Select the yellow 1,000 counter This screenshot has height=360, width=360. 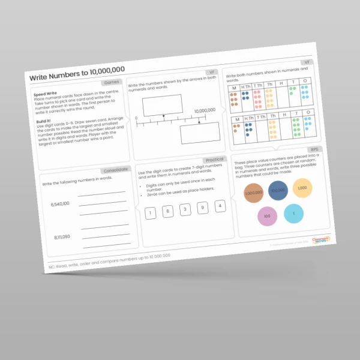point(301,171)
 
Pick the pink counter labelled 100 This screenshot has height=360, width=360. point(268,215)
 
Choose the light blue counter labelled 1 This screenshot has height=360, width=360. point(294,213)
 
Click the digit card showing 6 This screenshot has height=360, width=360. point(168,211)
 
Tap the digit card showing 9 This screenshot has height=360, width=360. point(203,208)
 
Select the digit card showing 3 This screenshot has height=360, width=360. point(185,209)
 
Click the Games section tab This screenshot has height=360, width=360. point(112,82)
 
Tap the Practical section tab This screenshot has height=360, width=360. point(214,142)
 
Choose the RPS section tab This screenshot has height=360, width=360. point(314,133)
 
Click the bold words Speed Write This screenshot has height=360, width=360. point(45,94)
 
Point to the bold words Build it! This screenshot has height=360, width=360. point(43,121)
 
